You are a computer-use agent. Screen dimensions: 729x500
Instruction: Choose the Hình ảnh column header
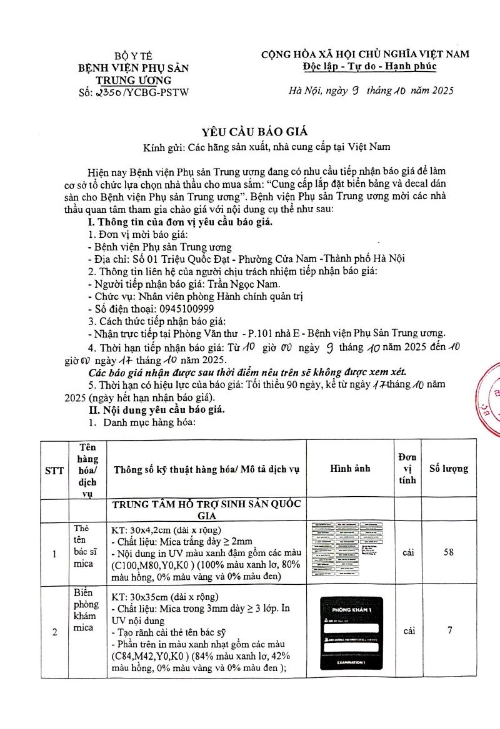350,468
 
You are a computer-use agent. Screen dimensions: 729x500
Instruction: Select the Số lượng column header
449,469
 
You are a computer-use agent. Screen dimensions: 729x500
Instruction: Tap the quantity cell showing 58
449,553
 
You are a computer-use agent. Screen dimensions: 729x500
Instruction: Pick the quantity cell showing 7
449,631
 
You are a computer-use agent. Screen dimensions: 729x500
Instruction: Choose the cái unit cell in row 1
409,553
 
